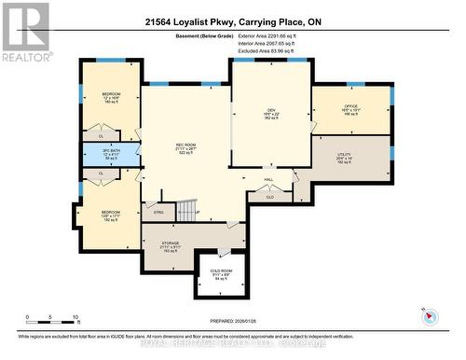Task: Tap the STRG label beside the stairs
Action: tap(158, 213)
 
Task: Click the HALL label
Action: tap(267, 179)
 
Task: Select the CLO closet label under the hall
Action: tap(269, 197)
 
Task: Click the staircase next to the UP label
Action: tap(188, 212)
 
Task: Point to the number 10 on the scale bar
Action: tap(75, 317)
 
